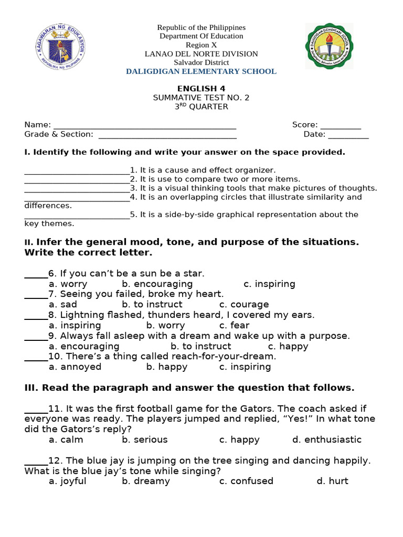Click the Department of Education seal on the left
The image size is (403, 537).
point(59,46)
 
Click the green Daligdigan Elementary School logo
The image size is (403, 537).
point(329,46)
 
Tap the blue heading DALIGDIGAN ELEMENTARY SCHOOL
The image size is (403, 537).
point(201,71)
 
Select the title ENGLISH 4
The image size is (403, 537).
point(201,89)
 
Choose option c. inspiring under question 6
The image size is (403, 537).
point(269,284)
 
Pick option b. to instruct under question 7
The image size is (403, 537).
point(152,304)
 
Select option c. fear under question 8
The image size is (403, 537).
point(234,325)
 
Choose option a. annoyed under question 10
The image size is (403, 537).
point(75,367)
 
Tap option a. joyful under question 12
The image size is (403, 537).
point(68,481)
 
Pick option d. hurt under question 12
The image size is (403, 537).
point(332,481)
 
